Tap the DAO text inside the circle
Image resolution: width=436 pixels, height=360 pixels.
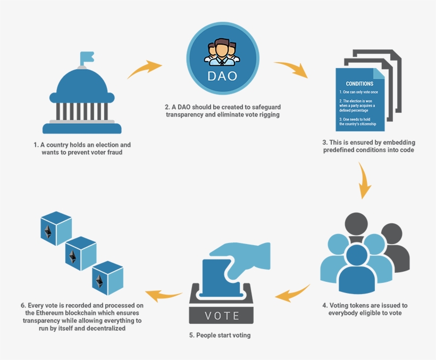click(x=223, y=75)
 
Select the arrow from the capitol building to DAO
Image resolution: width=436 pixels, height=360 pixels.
click(x=144, y=70)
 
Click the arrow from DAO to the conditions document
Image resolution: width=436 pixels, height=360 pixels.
click(x=291, y=70)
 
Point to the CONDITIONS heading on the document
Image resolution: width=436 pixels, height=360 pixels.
click(x=359, y=84)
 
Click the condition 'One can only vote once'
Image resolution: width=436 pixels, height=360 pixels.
click(x=358, y=93)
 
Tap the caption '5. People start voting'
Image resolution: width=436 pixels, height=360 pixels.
click(x=223, y=336)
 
